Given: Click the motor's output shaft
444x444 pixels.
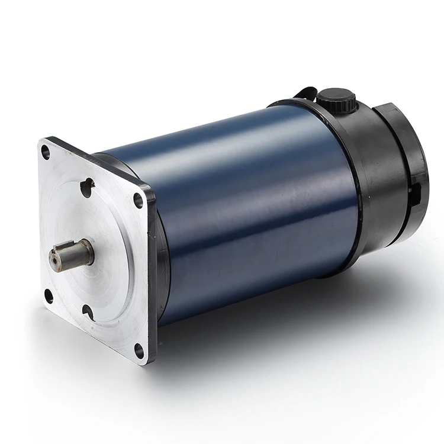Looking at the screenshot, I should point(74,254).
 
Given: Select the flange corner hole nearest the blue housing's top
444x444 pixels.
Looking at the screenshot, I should point(139,200).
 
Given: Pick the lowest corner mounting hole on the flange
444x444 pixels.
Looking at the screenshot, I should point(140,351).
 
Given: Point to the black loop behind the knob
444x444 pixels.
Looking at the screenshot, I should point(303,93).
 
